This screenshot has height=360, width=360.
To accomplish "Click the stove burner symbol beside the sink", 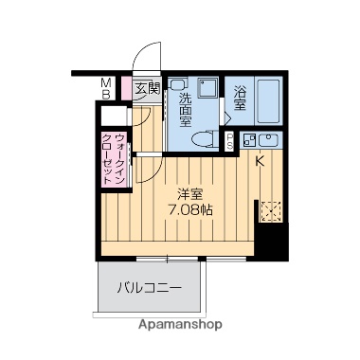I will [x=247, y=143].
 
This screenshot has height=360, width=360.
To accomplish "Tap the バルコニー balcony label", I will [x=148, y=286].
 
